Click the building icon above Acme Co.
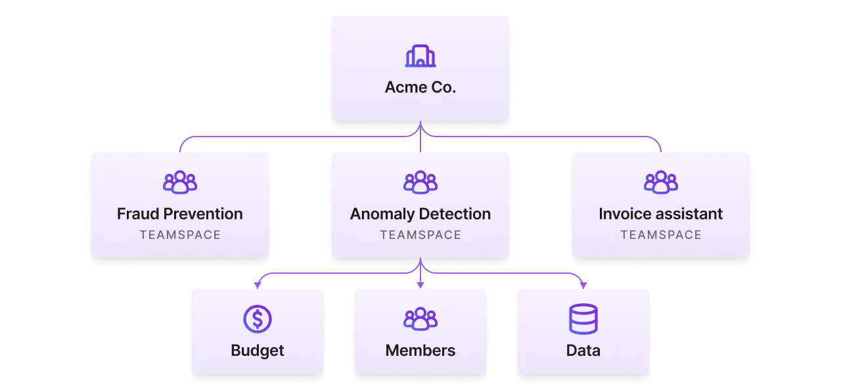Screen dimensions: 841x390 [420, 56]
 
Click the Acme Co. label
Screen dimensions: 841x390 [420, 87]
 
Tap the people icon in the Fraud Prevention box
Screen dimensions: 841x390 [180, 183]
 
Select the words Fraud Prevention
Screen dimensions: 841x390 [180, 214]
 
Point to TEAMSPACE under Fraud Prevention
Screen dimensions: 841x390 [180, 235]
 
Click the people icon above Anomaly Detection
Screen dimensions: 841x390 [420, 183]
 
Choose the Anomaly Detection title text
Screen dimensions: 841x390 [420, 214]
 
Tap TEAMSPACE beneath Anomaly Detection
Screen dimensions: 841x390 [420, 235]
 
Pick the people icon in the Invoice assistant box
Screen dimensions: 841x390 [661, 183]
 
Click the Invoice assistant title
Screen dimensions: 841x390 [661, 214]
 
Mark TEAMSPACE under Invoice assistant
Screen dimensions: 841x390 [661, 235]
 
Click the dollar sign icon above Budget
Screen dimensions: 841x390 [257, 319]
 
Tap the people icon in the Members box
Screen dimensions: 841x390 [420, 319]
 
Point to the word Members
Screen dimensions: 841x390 [420, 351]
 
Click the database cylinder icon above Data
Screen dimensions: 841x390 [583, 319]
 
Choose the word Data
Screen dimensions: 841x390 [583, 351]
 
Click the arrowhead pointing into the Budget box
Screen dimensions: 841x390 [257, 286]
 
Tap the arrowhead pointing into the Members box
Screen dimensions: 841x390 [420, 286]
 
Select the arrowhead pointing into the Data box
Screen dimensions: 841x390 [583, 286]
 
